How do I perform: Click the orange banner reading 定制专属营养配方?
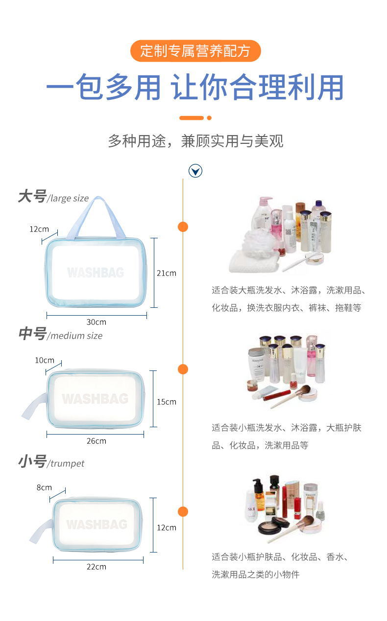[x=195, y=51]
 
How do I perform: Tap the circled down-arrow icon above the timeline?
[x=195, y=171]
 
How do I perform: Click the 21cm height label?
[x=166, y=273]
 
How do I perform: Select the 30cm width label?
[x=96, y=322]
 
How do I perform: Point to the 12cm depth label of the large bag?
[x=39, y=229]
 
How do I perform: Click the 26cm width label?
[x=96, y=441]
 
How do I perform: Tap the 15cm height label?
[x=166, y=402]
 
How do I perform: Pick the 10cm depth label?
[x=45, y=360]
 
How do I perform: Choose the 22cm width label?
[x=96, y=567]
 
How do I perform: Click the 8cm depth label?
[x=44, y=487]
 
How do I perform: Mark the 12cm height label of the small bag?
[x=166, y=528]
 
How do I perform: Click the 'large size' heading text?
[x=68, y=198]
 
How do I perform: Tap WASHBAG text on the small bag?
[x=97, y=525]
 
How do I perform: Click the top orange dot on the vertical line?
[x=183, y=227]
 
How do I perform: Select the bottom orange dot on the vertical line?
[x=183, y=512]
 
